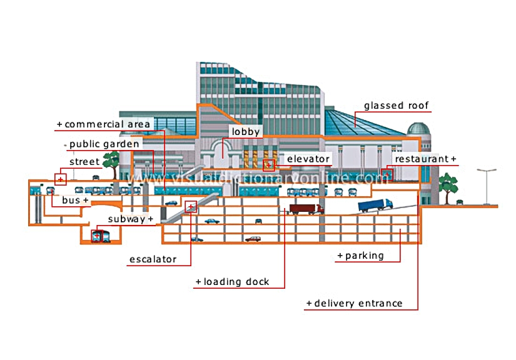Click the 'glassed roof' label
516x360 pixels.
[396, 106]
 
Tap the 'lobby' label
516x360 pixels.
[246, 131]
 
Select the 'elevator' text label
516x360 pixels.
[308, 159]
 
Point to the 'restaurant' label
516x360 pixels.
[422, 159]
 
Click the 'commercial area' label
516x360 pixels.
[108, 124]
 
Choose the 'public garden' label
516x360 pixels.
[104, 144]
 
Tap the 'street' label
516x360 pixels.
[84, 162]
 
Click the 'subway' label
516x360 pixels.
[126, 219]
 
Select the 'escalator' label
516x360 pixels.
[153, 259]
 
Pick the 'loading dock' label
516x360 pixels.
[236, 282]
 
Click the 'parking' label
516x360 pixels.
[364, 256]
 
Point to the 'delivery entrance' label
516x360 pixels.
[358, 303]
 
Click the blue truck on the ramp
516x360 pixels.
[375, 205]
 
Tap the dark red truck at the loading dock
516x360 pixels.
[306, 209]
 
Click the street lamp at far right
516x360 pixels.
[487, 186]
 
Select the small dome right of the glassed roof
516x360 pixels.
[418, 129]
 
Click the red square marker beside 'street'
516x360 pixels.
[61, 179]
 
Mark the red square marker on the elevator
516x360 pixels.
[268, 166]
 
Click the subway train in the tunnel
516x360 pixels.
[100, 236]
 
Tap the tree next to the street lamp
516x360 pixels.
[448, 188]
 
